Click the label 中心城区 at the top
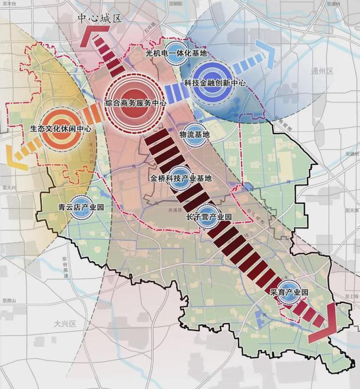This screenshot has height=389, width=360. point(100,18)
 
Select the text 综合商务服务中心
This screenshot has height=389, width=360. point(136,103)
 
